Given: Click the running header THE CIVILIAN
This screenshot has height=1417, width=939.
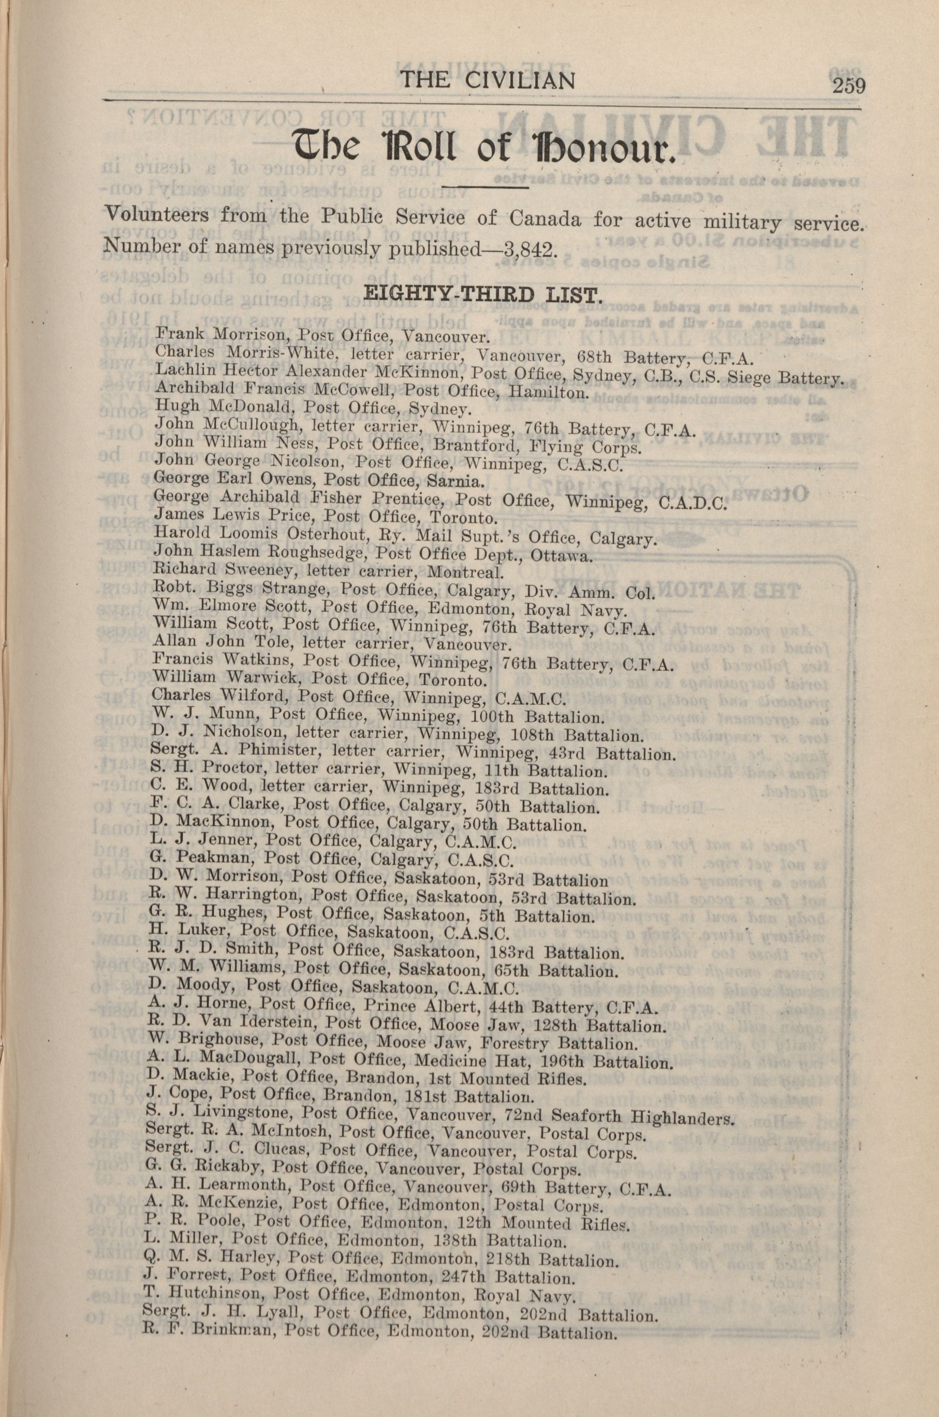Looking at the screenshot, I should pyautogui.click(x=488, y=80).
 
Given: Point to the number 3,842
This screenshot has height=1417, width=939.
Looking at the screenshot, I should pyautogui.click(x=528, y=247).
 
